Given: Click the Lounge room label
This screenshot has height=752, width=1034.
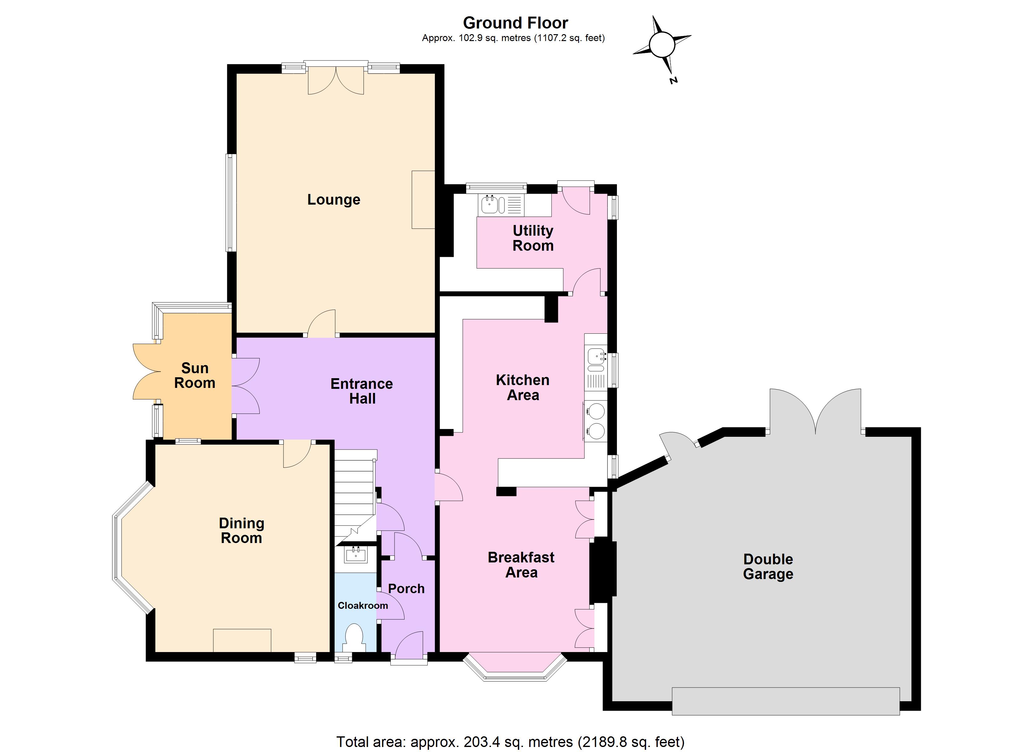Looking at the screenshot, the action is click(334, 200).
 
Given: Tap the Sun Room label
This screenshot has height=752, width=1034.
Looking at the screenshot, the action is click(195, 375).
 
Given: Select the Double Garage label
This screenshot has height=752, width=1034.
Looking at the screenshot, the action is click(768, 567).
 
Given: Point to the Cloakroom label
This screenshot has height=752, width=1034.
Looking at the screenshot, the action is click(363, 606).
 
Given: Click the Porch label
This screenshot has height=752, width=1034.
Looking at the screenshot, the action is click(406, 589).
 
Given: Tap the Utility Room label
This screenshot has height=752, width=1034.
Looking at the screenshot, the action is click(533, 238).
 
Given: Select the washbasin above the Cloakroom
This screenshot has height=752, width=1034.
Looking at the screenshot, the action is click(356, 555).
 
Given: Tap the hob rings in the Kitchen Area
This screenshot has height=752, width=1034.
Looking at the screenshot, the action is click(596, 421).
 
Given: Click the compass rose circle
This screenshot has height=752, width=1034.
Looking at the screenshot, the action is click(662, 45).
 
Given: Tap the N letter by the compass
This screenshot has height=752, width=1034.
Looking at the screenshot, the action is click(673, 81).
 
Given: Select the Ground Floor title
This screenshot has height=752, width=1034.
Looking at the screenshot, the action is click(516, 23).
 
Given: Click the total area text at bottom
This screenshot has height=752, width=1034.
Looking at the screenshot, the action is click(510, 742).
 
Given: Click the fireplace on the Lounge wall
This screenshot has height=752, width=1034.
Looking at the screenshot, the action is click(423, 200).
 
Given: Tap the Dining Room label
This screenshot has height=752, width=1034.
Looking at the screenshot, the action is click(242, 531).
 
